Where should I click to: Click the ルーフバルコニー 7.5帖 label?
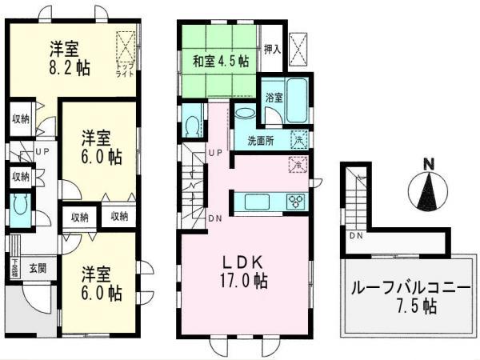coord(408,297)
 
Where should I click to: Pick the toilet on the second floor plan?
coord(193,126)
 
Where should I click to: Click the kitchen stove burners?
coord(296,200)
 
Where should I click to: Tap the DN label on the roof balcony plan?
coord(355,237)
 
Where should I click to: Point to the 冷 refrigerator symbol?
coord(297,166)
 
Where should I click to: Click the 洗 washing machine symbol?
coord(298,136)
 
